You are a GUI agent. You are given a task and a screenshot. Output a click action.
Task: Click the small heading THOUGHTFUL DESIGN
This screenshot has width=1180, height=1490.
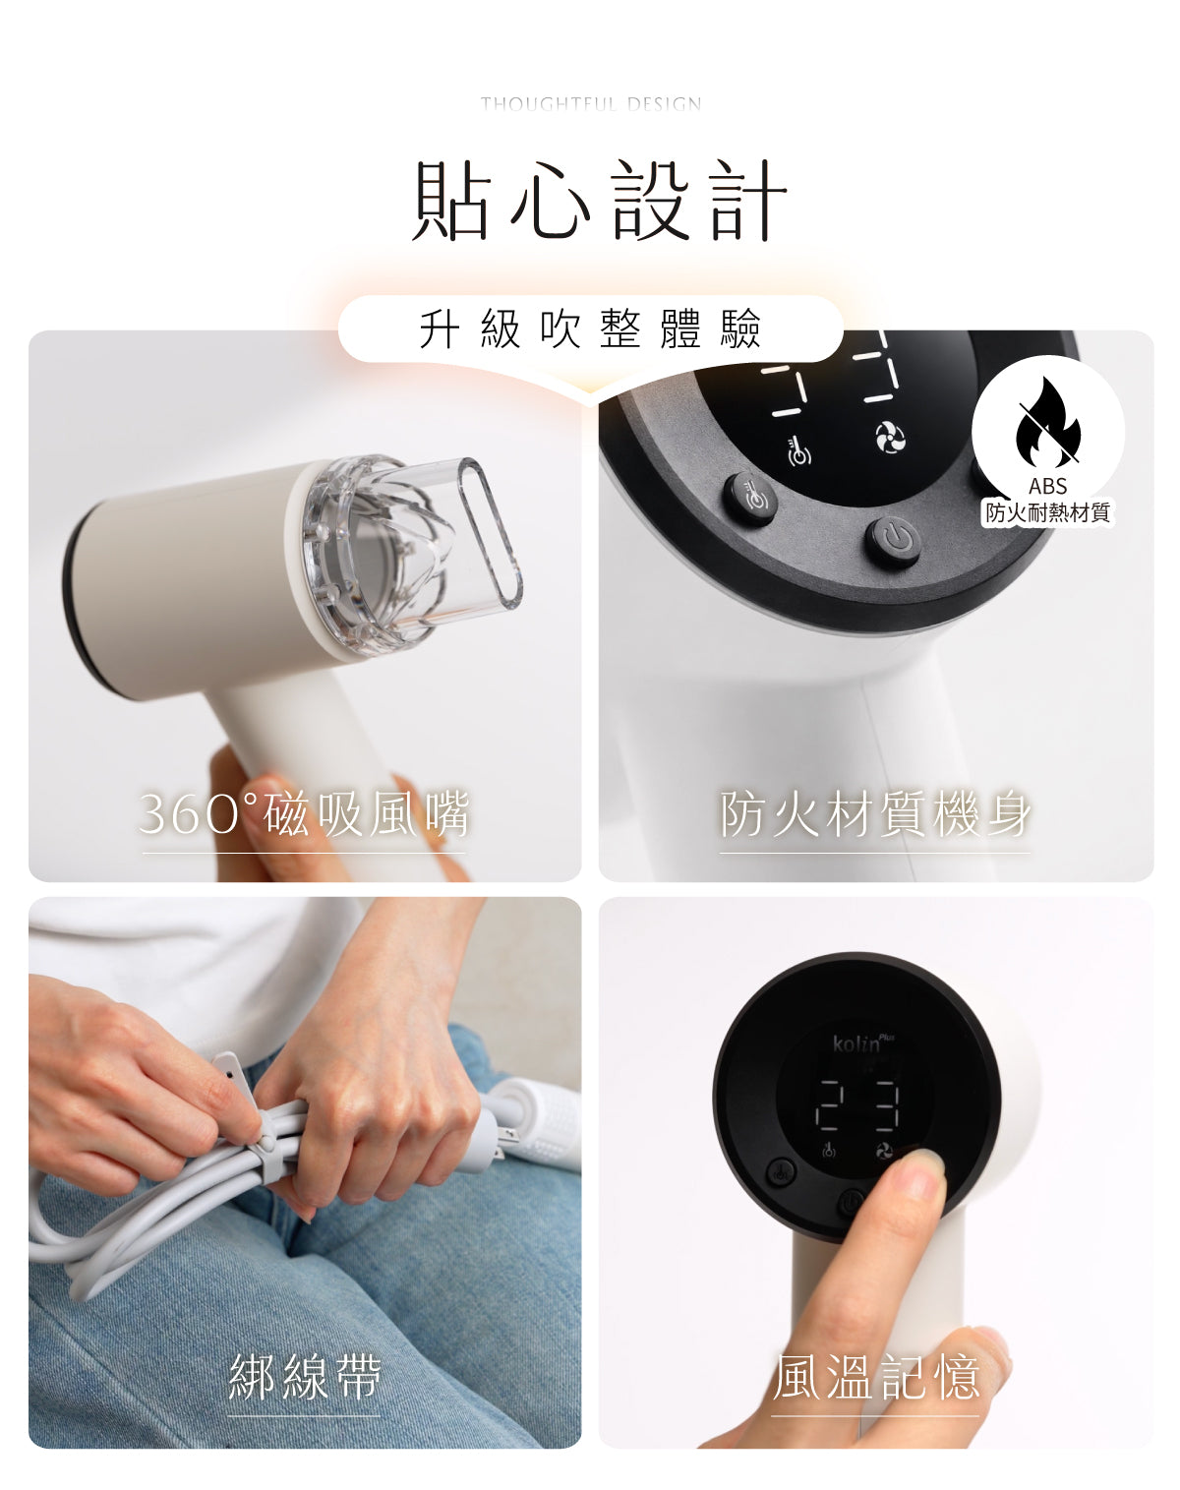point(591,104)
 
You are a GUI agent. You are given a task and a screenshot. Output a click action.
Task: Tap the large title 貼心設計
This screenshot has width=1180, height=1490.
point(600,201)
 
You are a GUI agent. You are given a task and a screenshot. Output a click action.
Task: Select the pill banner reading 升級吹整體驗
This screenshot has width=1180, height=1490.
point(591,328)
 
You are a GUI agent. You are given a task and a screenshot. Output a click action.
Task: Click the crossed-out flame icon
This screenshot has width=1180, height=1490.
point(1047,423)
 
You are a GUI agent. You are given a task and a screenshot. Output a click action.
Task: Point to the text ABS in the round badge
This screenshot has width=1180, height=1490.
point(1047,486)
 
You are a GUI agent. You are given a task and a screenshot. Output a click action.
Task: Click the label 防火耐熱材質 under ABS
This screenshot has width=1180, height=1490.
point(1047,512)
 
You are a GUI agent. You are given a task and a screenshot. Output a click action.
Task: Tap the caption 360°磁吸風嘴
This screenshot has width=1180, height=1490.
point(304,813)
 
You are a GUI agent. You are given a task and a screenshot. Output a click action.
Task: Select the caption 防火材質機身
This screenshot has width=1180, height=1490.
point(875,813)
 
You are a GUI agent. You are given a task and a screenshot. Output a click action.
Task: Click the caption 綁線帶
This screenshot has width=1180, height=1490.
point(304,1377)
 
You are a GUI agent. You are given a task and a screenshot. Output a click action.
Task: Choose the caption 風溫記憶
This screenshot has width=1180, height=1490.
point(875,1377)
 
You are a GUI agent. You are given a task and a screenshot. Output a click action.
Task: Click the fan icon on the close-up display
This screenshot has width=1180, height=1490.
point(890,439)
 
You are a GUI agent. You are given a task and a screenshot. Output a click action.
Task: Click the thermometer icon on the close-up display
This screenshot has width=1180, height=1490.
point(798,451)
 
